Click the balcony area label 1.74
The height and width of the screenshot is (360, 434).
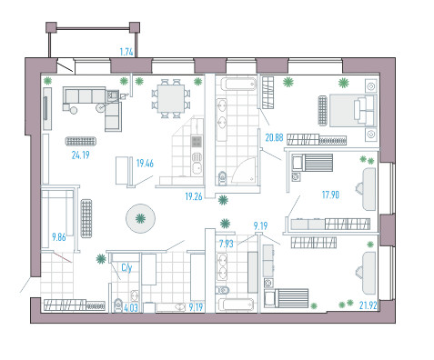coord(126,52)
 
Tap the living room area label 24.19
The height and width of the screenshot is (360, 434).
coord(80,155)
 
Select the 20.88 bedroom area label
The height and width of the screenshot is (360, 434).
coord(274,138)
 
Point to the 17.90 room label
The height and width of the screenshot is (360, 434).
coord(330,195)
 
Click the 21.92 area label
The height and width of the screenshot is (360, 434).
coord(368,305)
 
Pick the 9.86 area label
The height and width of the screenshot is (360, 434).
coord(59,237)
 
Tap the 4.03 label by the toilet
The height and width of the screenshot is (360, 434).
coord(131,308)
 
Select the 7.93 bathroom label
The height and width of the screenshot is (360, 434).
coord(227,244)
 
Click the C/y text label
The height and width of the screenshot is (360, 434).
coord(126,268)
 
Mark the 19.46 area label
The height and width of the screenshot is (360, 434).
coord(145,164)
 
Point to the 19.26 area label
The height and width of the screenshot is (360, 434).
coord(194,196)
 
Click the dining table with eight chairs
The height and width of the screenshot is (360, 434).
coord(171,98)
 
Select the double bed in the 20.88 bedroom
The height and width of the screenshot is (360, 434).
coord(353,110)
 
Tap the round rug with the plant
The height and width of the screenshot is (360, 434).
coord(140,218)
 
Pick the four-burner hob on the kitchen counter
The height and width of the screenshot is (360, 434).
coord(197,142)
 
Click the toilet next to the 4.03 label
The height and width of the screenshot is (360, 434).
coord(117,305)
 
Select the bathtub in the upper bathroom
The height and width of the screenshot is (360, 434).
coord(238,85)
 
